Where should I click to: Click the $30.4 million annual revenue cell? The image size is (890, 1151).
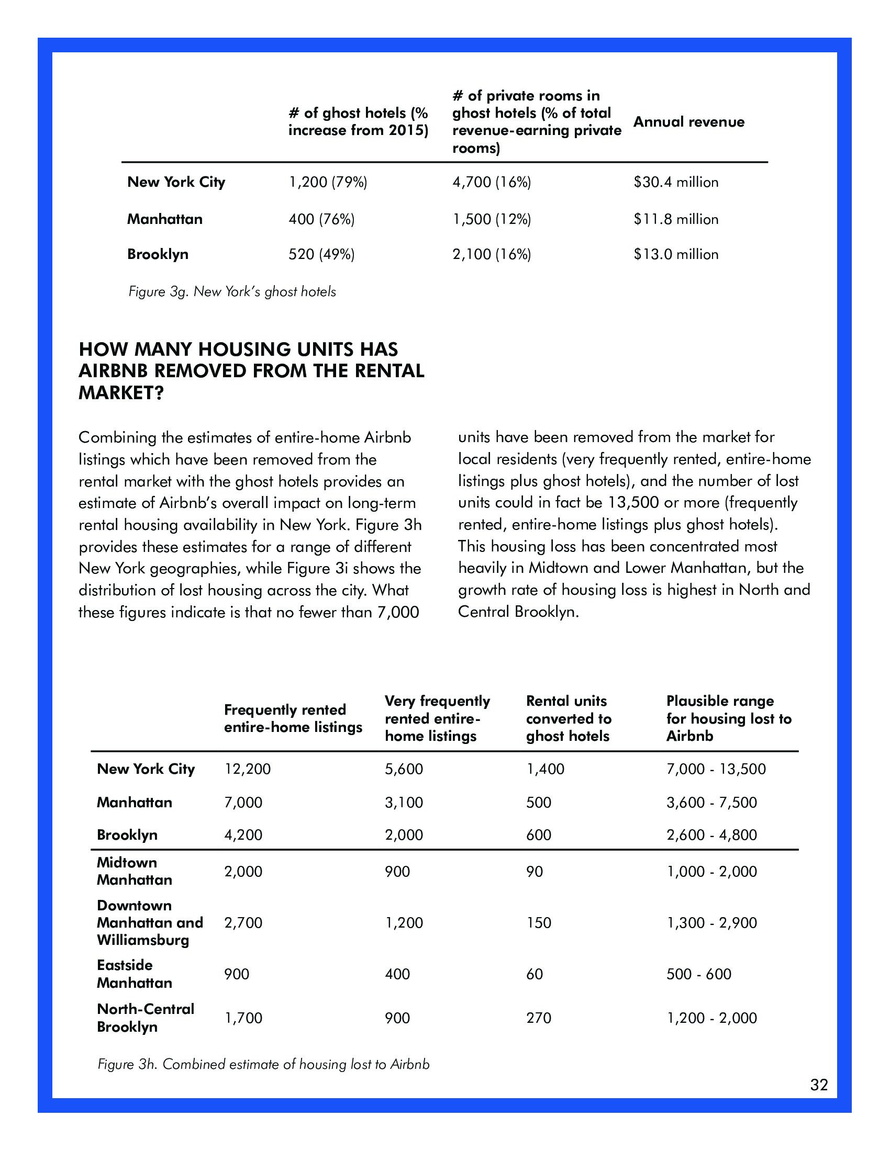[675, 183]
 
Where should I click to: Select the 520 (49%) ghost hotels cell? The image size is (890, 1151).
[321, 255]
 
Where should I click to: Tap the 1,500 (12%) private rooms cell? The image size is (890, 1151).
[492, 219]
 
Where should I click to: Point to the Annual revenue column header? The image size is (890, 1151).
[688, 122]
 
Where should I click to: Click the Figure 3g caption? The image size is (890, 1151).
[232, 292]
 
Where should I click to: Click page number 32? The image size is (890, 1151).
[819, 1085]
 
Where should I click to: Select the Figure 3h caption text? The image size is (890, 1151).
[264, 1064]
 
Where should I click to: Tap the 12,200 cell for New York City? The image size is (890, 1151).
[247, 769]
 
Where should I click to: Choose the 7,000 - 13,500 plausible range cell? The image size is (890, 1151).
[716, 769]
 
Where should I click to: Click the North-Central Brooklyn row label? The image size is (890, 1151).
[146, 1018]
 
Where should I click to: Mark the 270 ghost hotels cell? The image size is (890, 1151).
[538, 1018]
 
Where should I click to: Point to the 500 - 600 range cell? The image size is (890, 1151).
[698, 974]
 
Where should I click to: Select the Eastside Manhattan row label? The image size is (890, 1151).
[135, 974]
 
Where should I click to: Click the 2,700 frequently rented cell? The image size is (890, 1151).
[243, 923]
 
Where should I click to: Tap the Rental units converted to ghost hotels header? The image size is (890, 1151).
[569, 718]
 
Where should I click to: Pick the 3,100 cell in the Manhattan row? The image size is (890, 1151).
[404, 803]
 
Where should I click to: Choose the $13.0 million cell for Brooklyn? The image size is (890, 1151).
[675, 255]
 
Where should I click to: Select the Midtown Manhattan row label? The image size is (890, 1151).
[135, 871]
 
